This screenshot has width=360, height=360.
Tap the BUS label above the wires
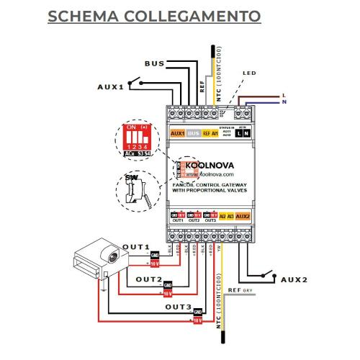pos(154,63)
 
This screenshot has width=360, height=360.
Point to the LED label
pos(249,73)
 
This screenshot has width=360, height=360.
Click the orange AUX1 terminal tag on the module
pos(177,133)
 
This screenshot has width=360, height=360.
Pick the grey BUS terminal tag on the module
pos(193,133)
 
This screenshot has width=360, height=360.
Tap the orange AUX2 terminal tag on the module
pos(243,215)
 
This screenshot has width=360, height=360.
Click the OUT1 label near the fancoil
pos(135,246)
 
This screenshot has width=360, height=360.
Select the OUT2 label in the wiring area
pos(149,279)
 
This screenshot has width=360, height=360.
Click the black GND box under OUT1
pos(155,255)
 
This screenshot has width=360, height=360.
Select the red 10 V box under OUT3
pos(196,320)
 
